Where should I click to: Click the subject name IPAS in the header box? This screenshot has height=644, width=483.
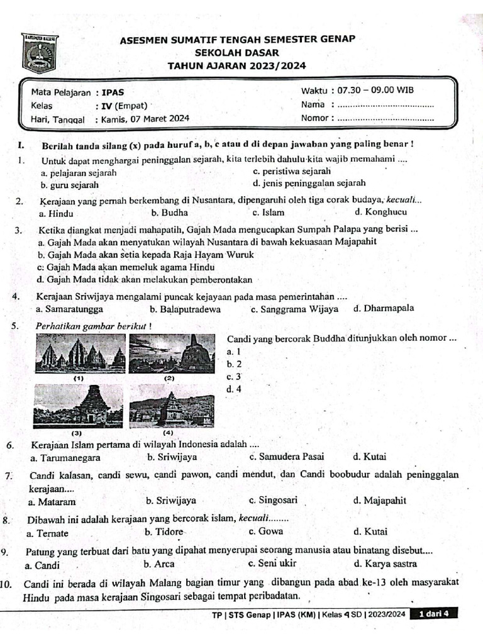click(x=113, y=91)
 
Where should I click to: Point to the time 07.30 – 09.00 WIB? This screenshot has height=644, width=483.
click(x=375, y=91)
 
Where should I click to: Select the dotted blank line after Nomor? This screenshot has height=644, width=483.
click(x=386, y=118)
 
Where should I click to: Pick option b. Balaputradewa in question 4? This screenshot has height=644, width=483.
click(x=185, y=309)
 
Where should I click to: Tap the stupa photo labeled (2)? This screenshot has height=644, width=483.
click(x=172, y=354)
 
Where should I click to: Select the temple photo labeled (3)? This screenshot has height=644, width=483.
click(x=79, y=407)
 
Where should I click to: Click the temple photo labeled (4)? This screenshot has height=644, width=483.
click(x=172, y=407)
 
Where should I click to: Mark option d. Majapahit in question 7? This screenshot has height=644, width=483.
click(x=380, y=501)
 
